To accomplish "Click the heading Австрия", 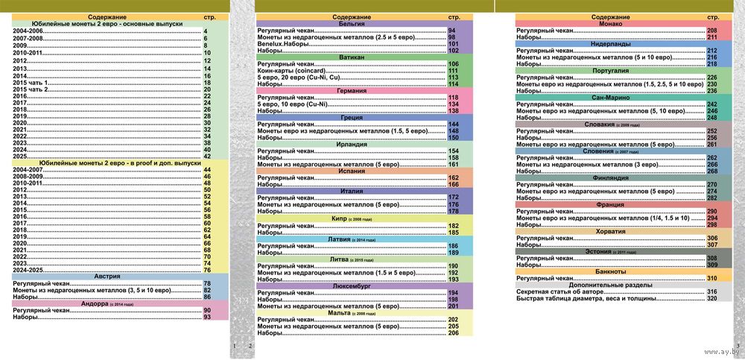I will point(107,277).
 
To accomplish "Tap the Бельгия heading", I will point(351,24).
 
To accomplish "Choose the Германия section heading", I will point(351,90).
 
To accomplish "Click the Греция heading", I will point(351,117).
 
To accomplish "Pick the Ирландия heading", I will point(351,144).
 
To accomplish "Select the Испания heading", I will point(351,171).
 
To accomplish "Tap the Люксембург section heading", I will point(351,285).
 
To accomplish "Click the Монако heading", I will point(611,24).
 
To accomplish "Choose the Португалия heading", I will point(611,70).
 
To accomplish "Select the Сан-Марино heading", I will point(611,97).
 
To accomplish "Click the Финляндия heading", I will point(611,177).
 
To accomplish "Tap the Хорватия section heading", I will point(611,231).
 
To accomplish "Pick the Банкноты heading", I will point(611,271).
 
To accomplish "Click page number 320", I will point(711,298).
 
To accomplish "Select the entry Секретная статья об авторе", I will point(563,291).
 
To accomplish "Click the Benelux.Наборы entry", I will point(283,44).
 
